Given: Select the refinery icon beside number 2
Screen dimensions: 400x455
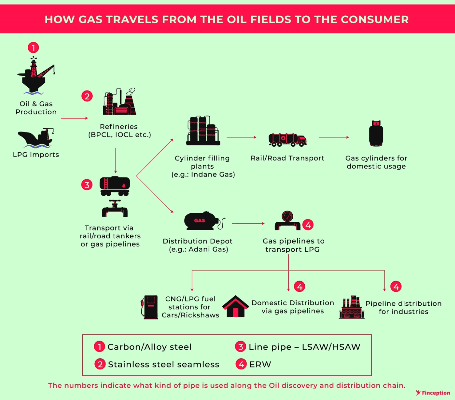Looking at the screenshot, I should click(120, 102).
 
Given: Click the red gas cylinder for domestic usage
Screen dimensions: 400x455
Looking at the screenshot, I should click(376, 134).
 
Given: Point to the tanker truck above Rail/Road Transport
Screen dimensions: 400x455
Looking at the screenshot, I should click(287, 140).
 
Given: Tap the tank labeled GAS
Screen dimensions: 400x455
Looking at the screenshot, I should click(201, 220).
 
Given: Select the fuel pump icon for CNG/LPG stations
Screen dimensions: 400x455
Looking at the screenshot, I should click(150, 307).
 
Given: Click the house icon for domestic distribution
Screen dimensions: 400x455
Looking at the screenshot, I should click(235, 307).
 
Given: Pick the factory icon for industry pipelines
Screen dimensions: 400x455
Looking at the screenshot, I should click(352, 307).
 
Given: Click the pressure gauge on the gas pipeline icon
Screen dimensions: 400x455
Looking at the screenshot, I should click(287, 216).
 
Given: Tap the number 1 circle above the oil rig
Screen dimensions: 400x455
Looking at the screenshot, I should click(34, 48).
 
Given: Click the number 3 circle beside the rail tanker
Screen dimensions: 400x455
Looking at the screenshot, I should click(87, 185).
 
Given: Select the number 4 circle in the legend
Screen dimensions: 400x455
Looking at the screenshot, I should click(241, 364).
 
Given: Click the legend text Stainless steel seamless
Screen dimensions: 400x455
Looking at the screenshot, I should click(164, 364).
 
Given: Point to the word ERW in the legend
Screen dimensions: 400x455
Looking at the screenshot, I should click(260, 364).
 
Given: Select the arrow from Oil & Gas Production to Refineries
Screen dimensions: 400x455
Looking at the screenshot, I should click(74, 118).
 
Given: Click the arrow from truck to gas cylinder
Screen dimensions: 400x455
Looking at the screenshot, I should click(334, 137).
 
